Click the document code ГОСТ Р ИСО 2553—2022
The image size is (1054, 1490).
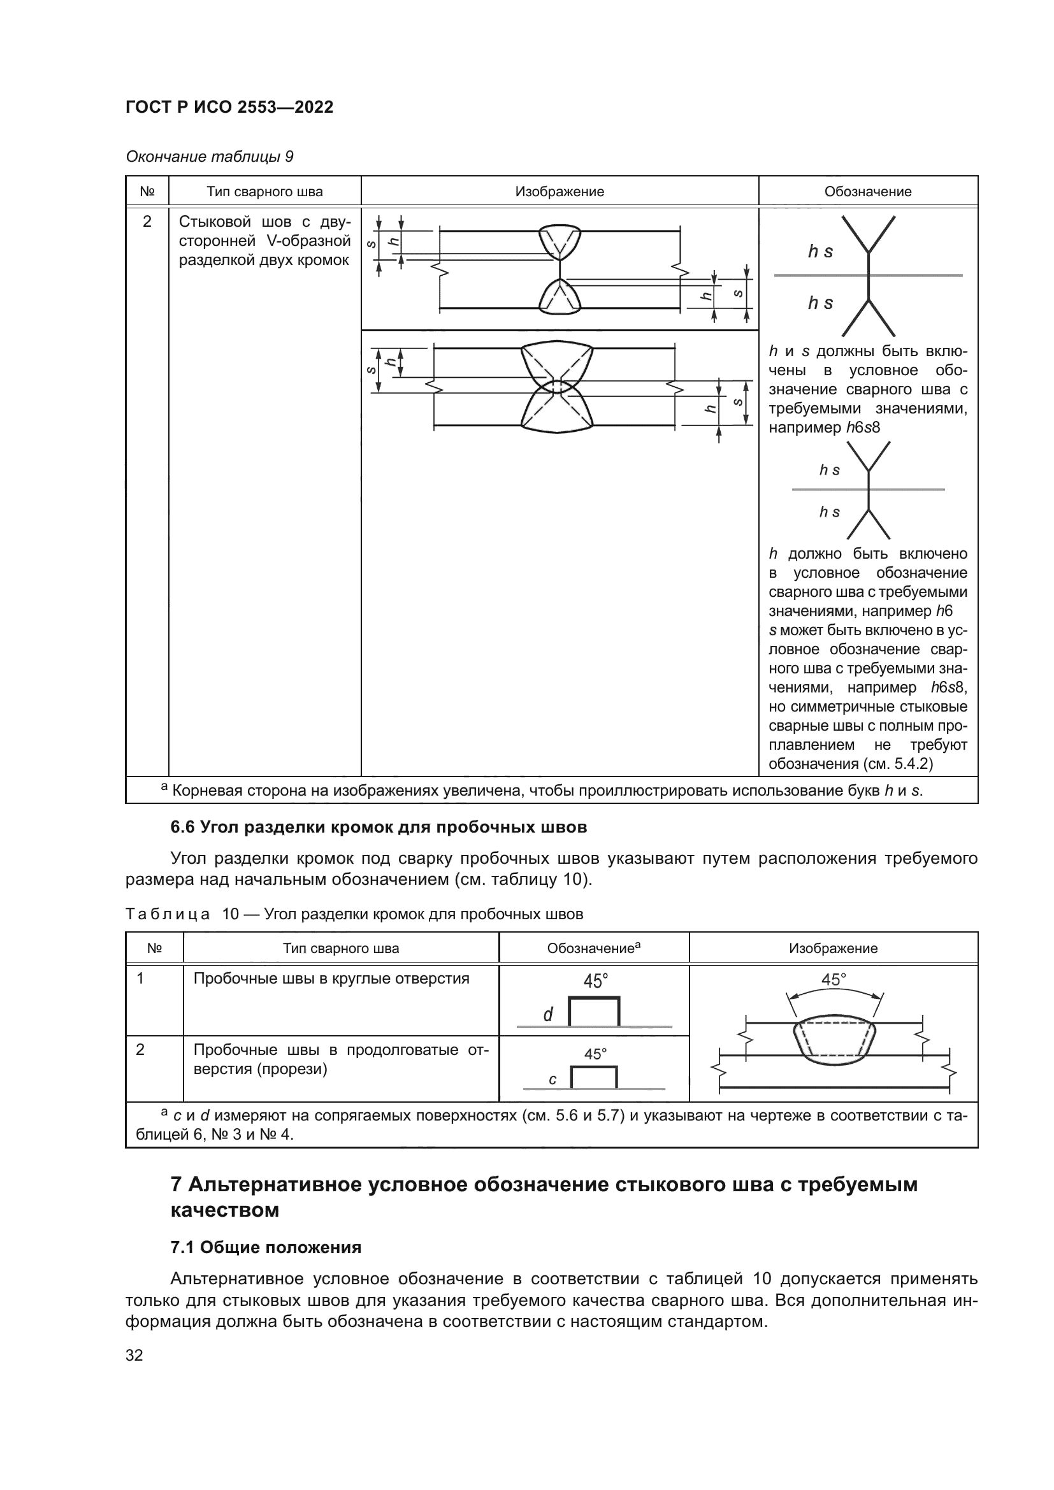point(229,107)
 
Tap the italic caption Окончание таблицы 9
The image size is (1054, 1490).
point(209,157)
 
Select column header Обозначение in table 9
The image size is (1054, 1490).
point(867,192)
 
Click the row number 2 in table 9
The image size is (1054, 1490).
point(147,222)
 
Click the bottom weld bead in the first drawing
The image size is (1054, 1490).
point(559,298)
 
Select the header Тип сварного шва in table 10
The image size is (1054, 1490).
point(341,948)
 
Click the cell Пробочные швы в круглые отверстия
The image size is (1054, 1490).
point(331,978)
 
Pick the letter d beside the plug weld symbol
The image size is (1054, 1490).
point(548,1015)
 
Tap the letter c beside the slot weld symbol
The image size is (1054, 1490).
point(552,1079)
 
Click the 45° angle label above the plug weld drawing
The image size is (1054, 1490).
point(834,980)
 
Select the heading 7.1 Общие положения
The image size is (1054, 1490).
point(266,1247)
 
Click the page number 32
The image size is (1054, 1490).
point(134,1355)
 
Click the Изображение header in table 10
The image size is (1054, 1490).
point(833,948)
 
